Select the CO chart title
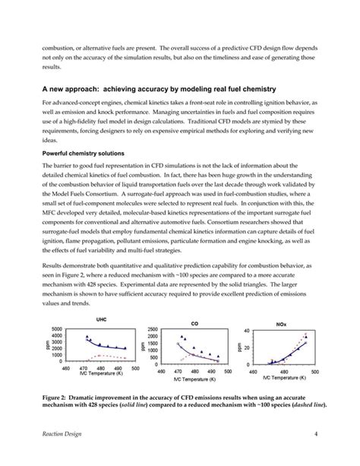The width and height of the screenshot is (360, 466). click(195, 323)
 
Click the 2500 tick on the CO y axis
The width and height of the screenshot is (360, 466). click(155, 329)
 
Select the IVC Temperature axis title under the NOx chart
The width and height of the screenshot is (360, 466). click(284, 376)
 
